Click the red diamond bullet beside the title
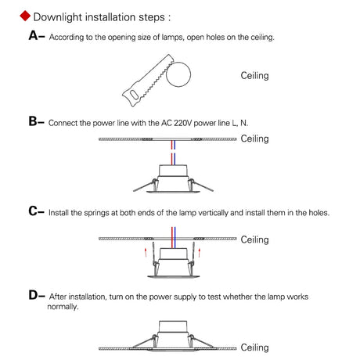click(25, 16)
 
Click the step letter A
click(34, 35)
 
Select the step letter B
click(33, 121)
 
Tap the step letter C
click(34, 211)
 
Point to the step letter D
click(34, 295)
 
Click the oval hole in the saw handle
click(134, 95)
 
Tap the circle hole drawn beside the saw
click(178, 74)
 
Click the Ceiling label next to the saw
click(254, 76)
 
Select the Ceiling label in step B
click(254, 139)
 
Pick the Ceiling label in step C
click(254, 239)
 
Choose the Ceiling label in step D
click(254, 347)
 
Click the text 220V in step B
click(182, 123)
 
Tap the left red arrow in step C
click(146, 252)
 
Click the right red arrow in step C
click(200, 253)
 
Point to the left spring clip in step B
click(146, 185)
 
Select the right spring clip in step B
click(200, 185)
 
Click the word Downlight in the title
click(58, 17)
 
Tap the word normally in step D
click(63, 307)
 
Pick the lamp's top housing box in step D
click(173, 326)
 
